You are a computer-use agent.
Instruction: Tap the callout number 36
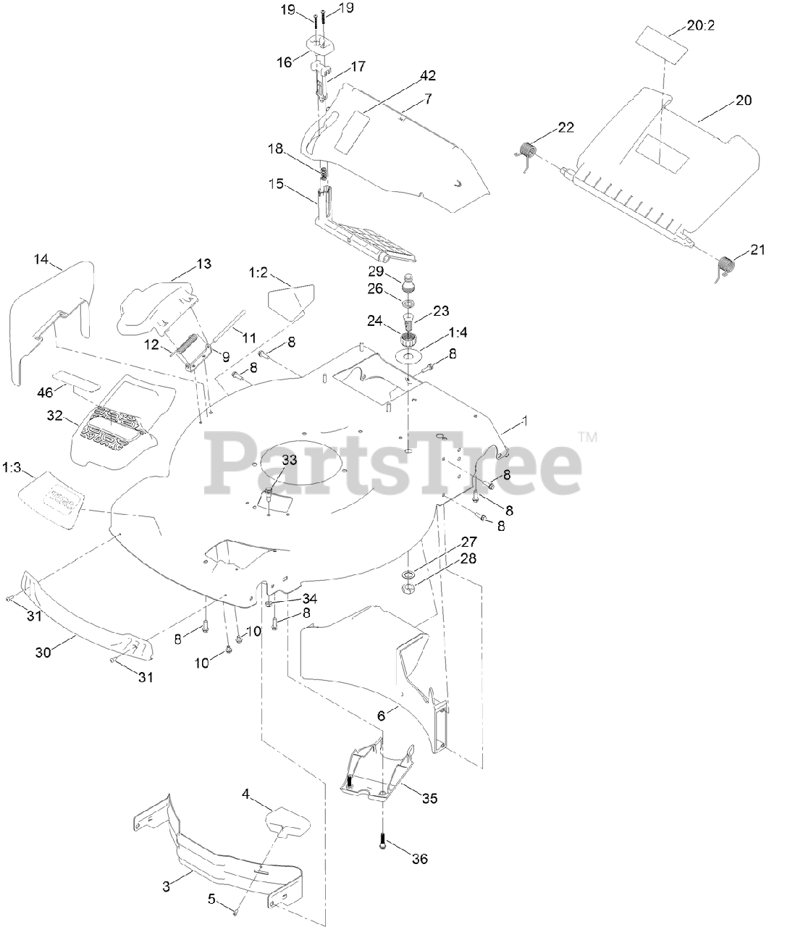pos(419,859)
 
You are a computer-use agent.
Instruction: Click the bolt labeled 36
pos(383,843)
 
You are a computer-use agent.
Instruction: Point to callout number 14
pos(42,259)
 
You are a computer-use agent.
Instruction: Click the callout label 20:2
pos(702,26)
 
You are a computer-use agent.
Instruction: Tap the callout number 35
pos(429,799)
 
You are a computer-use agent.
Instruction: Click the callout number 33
pos(289,460)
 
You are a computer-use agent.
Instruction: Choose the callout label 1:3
pos(13,463)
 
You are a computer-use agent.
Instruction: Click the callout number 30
pos(44,651)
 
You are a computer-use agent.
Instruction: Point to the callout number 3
pos(166,886)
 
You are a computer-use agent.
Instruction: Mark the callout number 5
pos(211,899)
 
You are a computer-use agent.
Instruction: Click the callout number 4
pos(246,794)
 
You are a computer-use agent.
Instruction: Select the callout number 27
pos(469,542)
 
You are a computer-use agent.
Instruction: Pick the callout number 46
pos(45,392)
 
